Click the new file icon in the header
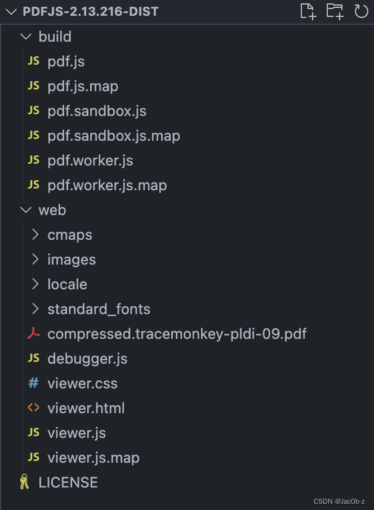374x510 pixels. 308,11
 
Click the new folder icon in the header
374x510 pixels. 335,11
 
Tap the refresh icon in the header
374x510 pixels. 360,11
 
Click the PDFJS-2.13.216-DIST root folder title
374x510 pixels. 91,11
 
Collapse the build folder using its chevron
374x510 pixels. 25,37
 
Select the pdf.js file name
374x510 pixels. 66,61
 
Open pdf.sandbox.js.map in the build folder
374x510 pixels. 114,136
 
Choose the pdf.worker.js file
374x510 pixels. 90,160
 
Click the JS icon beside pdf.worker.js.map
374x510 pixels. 34,185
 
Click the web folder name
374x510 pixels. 52,210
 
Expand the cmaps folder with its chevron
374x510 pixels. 35,235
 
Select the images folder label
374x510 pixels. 72,260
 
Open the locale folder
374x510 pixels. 67,284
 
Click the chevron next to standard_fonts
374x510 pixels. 35,309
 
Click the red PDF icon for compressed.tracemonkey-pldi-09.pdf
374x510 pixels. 34,334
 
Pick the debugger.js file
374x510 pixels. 87,359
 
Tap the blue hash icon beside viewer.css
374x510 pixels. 34,383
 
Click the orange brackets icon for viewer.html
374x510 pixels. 34,408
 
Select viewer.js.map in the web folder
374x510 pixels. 93,458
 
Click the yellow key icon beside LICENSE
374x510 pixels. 24,482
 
